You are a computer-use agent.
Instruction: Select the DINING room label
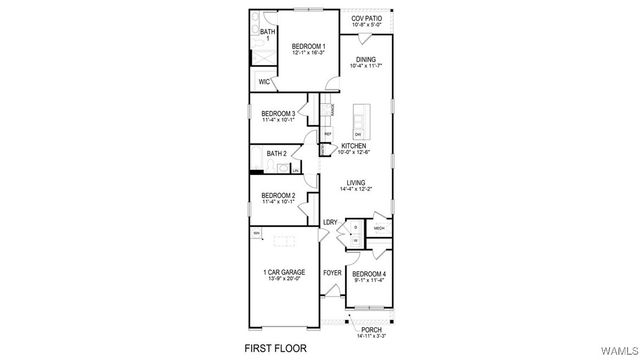[367, 59]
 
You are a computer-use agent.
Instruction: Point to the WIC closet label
[264, 82]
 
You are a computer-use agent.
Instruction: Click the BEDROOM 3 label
[277, 114]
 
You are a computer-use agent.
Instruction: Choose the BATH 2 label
[277, 153]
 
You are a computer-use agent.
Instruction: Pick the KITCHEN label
[354, 145]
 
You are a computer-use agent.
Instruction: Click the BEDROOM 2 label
[277, 195]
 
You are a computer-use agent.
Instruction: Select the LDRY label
[329, 222]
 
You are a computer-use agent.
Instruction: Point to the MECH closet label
[379, 228]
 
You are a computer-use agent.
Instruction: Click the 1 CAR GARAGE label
[284, 272]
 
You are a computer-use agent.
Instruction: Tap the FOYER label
[332, 272]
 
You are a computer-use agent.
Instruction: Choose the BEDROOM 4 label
[368, 273]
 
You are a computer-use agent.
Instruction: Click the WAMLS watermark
[619, 351]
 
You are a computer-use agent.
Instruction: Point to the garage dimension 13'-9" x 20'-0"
[284, 279]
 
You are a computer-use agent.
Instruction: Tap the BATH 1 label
[267, 35]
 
